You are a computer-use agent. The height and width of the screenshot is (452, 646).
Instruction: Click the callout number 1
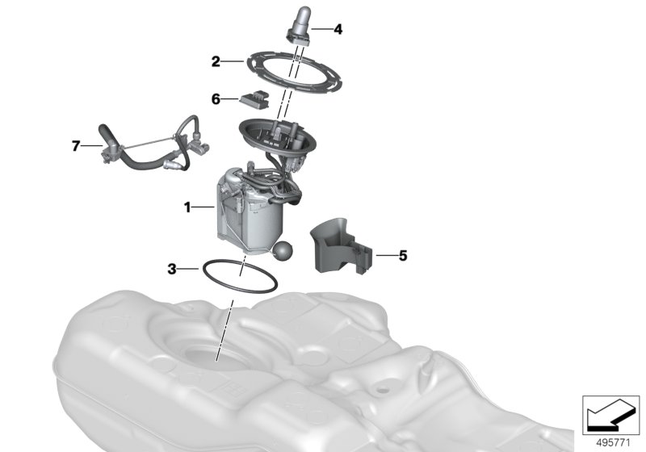coord(187,207)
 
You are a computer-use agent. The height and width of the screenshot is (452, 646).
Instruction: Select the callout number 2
coord(216,62)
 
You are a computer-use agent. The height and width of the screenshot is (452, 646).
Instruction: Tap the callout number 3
coord(172,270)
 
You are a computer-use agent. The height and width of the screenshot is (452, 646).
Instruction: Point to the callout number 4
coord(338,29)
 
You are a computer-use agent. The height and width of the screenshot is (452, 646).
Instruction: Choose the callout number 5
coord(403,256)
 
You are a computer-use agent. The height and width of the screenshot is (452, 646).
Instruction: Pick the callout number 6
coord(216,99)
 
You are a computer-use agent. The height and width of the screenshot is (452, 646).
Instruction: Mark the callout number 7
coord(75,146)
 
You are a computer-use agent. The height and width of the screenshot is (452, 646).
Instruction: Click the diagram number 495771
coord(613,443)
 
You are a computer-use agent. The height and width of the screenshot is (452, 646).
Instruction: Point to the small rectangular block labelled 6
coord(255,99)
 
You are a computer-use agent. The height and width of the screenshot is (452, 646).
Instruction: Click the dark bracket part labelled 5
coord(341,246)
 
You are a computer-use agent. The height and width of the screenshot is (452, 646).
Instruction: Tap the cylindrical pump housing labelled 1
coord(250,210)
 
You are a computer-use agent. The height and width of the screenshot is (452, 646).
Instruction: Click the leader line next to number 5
coord(387,256)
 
